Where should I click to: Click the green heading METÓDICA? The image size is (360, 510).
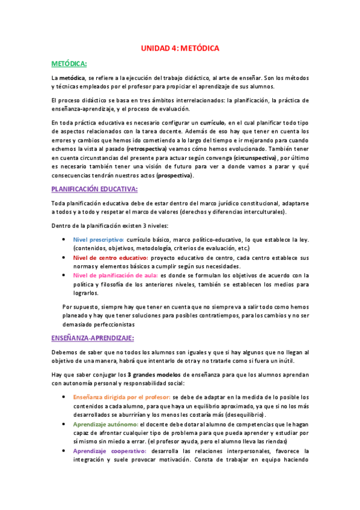pyautogui.click(x=69, y=63)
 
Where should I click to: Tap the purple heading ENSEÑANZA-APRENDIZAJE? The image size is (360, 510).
pyautogui.click(x=93, y=338)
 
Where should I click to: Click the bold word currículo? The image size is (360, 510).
pyautogui.click(x=208, y=122)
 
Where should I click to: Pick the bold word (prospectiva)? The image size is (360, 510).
pyautogui.click(x=175, y=176)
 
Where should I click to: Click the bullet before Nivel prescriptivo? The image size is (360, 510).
pyautogui.click(x=66, y=239)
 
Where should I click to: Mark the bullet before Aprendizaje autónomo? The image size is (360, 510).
pyautogui.click(x=66, y=424)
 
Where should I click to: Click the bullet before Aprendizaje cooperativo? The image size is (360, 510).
pyautogui.click(x=66, y=450)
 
